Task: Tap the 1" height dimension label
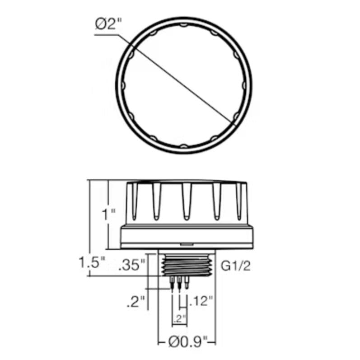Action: [x=109, y=214]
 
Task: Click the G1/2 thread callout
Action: [x=235, y=266]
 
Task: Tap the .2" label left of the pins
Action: [x=136, y=302]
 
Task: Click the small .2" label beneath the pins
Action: [x=180, y=318]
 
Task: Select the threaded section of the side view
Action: [x=187, y=266]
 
